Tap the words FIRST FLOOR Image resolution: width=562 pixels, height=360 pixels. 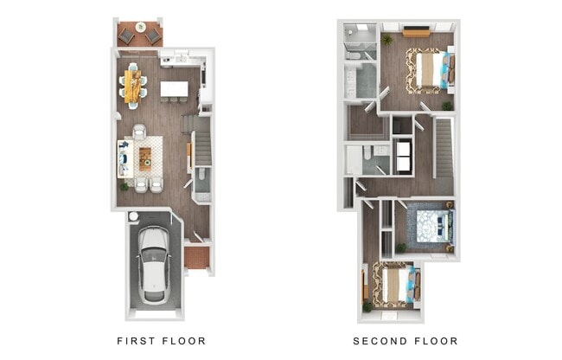tap(162, 341)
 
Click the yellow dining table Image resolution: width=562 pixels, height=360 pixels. tap(132, 85)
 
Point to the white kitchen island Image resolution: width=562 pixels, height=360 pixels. tap(174, 88)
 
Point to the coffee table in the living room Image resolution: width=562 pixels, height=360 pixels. tap(144, 157)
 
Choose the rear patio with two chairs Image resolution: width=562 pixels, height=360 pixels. tap(139, 35)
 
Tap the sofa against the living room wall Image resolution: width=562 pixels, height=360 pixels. tap(123, 157)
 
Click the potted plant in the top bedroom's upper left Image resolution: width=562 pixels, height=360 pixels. tap(386, 39)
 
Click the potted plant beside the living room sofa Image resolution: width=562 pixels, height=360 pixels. tap(124, 184)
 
